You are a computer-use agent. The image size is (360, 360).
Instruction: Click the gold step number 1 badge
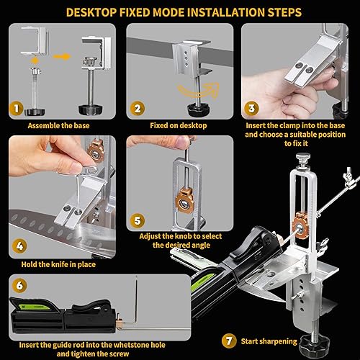17,109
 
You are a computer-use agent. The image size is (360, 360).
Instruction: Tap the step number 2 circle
138,109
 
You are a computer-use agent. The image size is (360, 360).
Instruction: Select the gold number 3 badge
251,109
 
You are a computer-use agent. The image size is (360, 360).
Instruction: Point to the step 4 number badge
19,246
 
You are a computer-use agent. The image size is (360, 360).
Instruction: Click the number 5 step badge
138,220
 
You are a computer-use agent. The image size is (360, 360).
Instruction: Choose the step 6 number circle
19,285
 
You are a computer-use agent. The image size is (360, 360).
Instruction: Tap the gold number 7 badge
229,341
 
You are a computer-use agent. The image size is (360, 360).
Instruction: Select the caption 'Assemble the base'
58,125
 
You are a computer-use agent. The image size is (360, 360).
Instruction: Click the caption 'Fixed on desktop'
179,125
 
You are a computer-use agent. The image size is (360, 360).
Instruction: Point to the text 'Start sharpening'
269,341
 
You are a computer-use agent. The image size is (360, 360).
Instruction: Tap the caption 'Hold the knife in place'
58,264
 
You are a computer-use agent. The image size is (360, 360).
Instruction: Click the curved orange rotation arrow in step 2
199,91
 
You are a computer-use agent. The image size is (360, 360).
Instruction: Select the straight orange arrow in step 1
62,57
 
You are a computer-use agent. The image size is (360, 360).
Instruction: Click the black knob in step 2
198,109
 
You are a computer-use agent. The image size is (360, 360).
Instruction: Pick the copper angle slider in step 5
184,201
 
